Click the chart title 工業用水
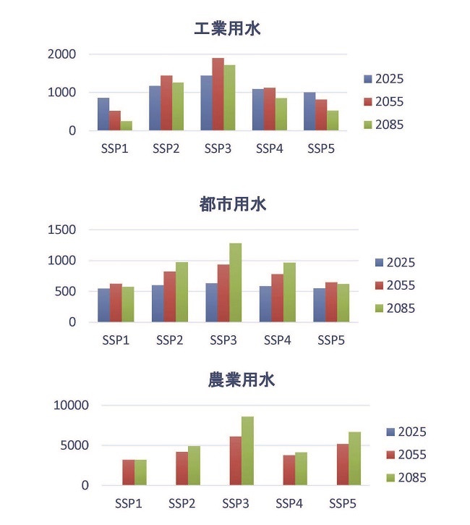coord(227,30)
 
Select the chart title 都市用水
coord(233,204)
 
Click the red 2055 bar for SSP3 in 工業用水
coord(218,95)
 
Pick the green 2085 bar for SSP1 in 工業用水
coord(127,126)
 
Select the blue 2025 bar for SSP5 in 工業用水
coord(309,112)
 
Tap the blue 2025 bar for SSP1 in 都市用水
coord(104,305)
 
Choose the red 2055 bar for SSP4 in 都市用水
coord(277,298)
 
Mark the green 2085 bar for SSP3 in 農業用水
coord(247,450)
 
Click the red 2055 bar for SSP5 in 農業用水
coord(343,464)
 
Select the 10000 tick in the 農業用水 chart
coord(71,406)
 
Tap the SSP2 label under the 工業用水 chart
coord(166,149)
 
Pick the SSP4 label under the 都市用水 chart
coord(278,340)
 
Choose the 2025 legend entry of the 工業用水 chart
coord(388,79)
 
